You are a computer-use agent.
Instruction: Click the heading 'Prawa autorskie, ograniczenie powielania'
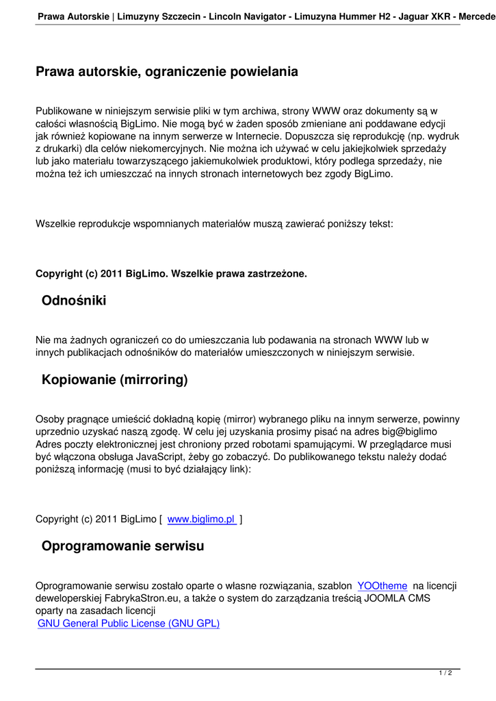pyautogui.click(x=167, y=71)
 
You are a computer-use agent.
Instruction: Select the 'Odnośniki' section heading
pyautogui.click(x=74, y=300)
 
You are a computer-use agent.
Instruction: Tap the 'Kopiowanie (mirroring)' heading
pyautogui.click(x=114, y=379)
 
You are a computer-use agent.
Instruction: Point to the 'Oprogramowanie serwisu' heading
pyautogui.click(x=122, y=546)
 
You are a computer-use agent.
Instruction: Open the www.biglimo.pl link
pyautogui.click(x=201, y=519)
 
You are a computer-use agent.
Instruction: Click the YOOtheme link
pyautogui.click(x=382, y=585)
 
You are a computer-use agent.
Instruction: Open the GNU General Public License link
pyautogui.click(x=129, y=623)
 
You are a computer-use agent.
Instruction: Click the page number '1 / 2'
pyautogui.click(x=445, y=674)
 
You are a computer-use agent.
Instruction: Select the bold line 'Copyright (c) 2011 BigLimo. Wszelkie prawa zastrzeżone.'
pyautogui.click(x=171, y=274)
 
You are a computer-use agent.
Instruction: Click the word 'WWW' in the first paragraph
pyautogui.click(x=326, y=110)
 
